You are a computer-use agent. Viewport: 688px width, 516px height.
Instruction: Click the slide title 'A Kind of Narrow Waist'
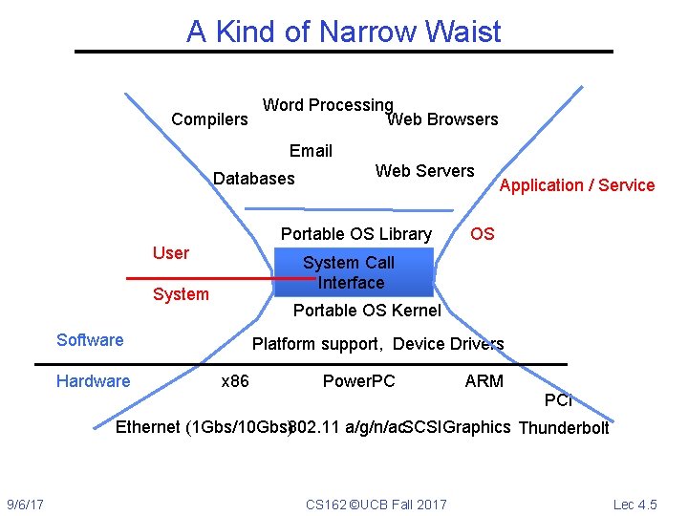(x=343, y=32)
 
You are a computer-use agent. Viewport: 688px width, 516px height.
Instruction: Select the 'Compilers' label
(x=209, y=119)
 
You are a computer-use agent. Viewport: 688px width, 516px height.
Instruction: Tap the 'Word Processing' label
(x=328, y=105)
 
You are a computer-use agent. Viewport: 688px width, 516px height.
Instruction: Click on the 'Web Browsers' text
(x=442, y=119)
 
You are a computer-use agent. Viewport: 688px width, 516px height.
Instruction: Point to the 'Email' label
(x=311, y=151)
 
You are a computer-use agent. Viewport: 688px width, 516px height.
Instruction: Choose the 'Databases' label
(x=253, y=179)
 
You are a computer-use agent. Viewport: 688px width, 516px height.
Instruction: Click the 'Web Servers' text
(x=424, y=171)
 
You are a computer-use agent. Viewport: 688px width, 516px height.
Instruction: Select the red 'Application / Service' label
(x=577, y=185)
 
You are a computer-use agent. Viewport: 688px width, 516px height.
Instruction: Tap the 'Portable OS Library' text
(x=355, y=234)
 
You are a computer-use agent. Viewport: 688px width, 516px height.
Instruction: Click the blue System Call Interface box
(x=354, y=272)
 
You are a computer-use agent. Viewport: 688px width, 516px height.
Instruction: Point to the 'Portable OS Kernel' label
(x=367, y=311)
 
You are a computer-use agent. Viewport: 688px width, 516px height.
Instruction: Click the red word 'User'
(x=171, y=253)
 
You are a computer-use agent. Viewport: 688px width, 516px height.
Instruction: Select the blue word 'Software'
(x=90, y=340)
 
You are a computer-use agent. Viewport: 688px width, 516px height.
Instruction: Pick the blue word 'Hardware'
(x=93, y=381)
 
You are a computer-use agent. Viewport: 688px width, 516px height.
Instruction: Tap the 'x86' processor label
(x=235, y=381)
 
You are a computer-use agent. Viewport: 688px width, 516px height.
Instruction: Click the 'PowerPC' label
(x=358, y=381)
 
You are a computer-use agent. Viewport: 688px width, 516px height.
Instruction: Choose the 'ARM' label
(x=484, y=381)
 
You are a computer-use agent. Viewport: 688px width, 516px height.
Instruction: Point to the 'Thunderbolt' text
(x=563, y=428)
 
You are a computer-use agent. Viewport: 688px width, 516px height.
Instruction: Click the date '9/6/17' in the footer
(x=32, y=504)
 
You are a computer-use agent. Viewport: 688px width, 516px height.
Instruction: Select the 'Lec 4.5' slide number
(x=635, y=504)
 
